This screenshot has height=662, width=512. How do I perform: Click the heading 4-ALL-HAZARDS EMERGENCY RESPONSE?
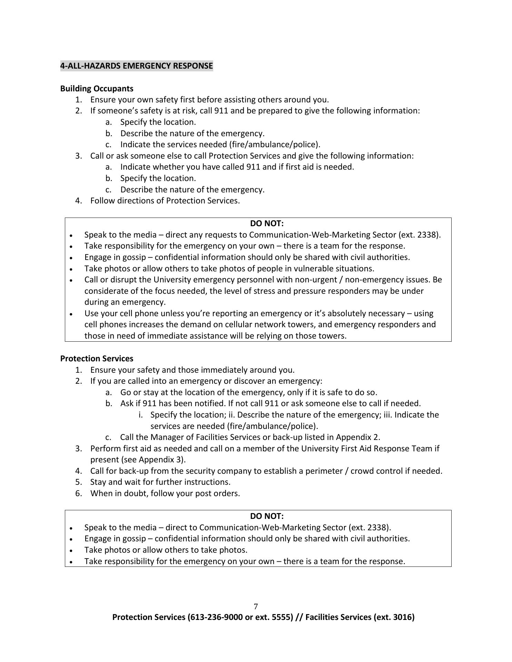[x=137, y=66]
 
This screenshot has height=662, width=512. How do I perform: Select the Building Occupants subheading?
[x=97, y=89]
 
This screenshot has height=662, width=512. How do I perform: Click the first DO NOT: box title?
[x=267, y=223]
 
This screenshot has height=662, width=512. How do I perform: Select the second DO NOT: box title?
[x=267, y=516]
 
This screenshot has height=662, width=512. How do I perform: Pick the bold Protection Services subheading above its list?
[x=97, y=359]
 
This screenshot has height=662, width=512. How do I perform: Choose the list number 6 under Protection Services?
[x=79, y=493]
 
